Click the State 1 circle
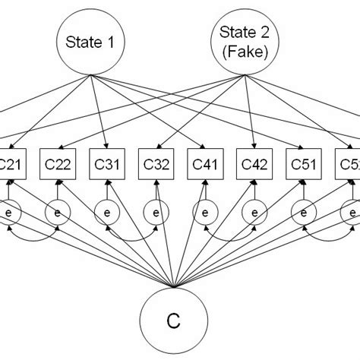tap(90, 43)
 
